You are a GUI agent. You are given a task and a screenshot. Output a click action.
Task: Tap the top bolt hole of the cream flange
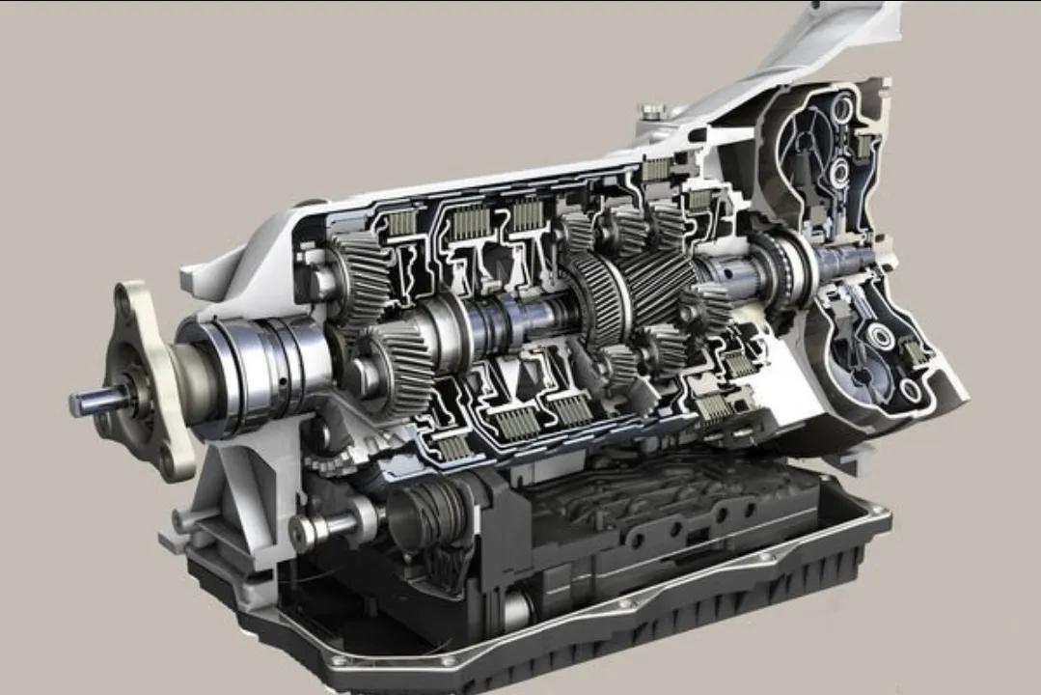coord(123,301)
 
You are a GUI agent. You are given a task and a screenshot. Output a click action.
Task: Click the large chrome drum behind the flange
coord(246,365)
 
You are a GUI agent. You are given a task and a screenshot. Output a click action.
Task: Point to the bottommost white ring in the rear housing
coord(910,390)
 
